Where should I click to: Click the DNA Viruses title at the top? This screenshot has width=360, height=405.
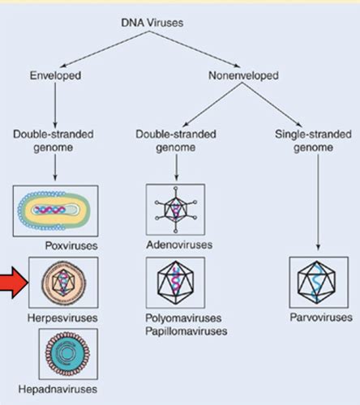pos(152,23)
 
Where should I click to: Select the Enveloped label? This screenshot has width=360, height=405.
pos(55,75)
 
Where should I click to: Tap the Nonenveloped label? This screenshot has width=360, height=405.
pos(243,75)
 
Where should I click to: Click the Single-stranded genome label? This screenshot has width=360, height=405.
pos(313,141)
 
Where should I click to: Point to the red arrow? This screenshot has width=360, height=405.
pos(14,283)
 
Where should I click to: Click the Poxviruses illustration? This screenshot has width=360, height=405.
pos(55,211)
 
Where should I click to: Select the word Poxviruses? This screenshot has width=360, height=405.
pos(71,245)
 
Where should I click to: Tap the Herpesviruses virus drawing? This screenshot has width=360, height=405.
pos(63,283)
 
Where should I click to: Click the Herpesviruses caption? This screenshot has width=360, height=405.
pos(62,318)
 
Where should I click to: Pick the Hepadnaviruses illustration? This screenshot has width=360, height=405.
pos(67,354)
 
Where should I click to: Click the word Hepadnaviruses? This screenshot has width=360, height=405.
pos(58,390)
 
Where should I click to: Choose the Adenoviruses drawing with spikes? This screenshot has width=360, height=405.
pos(175,210)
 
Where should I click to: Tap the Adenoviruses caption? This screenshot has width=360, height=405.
pos(179,245)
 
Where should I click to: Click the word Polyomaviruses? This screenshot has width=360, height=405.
pos(183,318)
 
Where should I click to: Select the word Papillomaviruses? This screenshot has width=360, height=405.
pos(186,331)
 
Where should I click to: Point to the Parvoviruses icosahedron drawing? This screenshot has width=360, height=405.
pos(316,282)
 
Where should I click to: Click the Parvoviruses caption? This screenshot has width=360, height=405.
pos(321,318)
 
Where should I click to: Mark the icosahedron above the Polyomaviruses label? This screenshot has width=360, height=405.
pos(176,283)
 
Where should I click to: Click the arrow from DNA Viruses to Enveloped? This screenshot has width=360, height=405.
pos(105,49)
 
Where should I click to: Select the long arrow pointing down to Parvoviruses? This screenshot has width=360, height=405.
pos(318,202)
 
